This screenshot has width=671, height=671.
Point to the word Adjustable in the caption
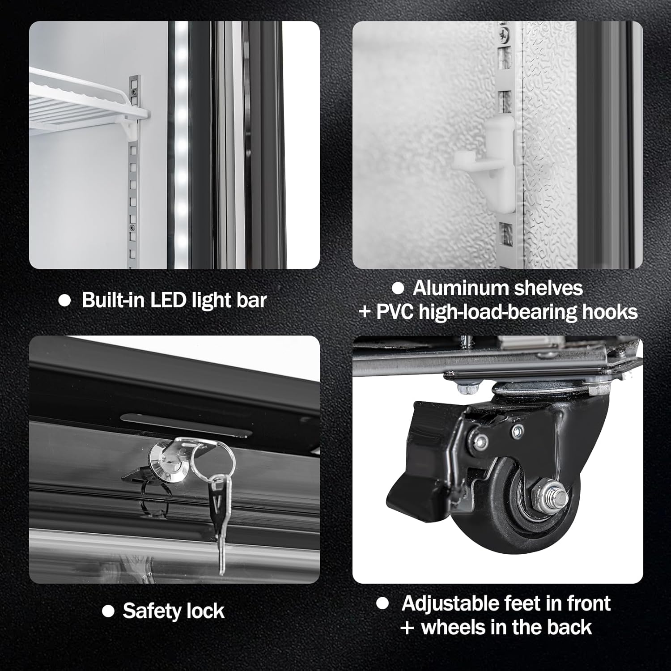tap(449, 603)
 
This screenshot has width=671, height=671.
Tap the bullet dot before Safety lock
tap(108, 611)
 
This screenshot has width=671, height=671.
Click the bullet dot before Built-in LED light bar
tap(65, 300)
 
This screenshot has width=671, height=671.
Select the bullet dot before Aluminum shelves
tap(398, 289)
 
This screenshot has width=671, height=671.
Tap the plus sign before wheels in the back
tap(407, 628)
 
